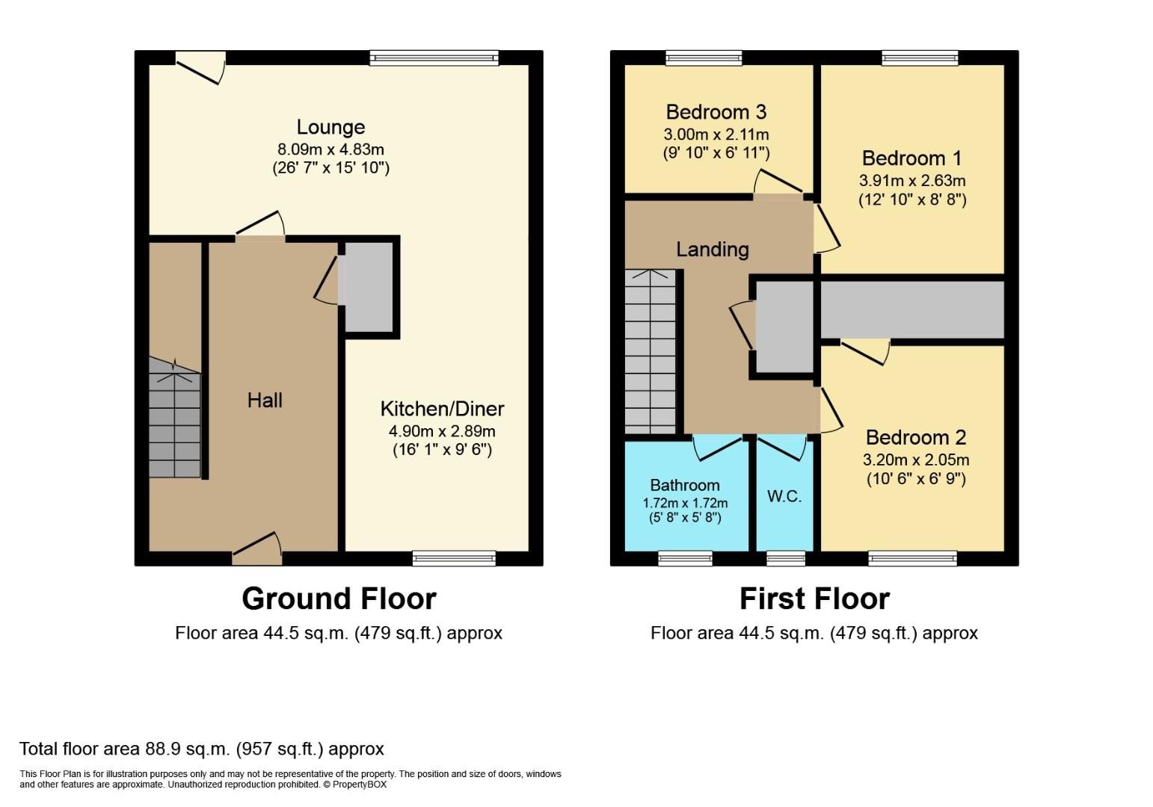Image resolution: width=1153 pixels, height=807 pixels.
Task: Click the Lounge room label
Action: [330, 127]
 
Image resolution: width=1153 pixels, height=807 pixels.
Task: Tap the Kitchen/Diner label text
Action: [442, 409]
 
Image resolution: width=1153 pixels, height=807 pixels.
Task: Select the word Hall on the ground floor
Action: [265, 401]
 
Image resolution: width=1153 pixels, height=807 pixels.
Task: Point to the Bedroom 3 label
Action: [716, 112]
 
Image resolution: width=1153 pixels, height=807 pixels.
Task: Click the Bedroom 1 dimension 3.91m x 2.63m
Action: [911, 181]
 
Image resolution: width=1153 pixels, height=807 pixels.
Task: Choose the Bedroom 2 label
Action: [915, 437]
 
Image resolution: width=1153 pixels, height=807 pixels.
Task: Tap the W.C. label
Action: [784, 496]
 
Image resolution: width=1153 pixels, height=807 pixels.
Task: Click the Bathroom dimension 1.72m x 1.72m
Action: [685, 503]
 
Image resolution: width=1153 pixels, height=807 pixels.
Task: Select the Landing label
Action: [712, 250]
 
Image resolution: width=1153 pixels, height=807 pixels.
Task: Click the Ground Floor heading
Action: [339, 599]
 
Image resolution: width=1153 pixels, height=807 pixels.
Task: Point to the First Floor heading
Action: [814, 599]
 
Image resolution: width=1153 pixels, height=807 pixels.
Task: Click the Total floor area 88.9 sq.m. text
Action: [201, 749]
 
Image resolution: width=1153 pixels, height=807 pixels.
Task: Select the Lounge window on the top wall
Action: [434, 58]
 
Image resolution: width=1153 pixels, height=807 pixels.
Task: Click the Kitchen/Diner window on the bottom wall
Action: [454, 557]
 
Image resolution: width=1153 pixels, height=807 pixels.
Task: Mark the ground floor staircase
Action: [174, 422]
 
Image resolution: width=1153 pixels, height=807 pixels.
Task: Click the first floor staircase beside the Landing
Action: [651, 351]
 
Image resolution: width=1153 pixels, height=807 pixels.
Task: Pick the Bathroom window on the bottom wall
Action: [685, 557]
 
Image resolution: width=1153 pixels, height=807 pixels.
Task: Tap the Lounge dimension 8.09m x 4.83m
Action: [330, 149]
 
